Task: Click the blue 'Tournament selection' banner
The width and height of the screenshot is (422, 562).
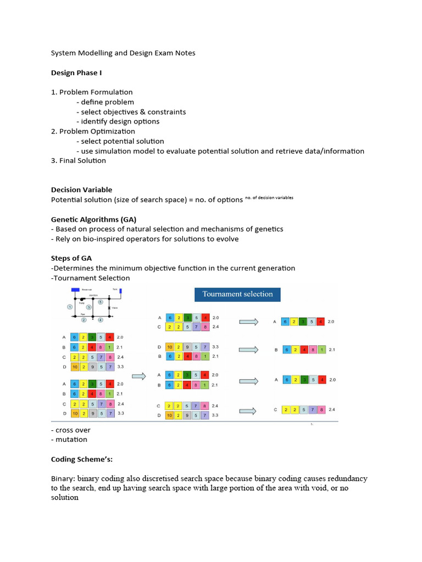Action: point(237,294)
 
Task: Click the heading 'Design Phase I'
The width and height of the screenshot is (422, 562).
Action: point(76,72)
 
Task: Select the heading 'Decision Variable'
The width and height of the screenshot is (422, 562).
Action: point(81,190)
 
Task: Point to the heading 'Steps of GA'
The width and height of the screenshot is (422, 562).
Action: point(71,258)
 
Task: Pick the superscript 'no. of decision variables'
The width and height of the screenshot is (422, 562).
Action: point(269,198)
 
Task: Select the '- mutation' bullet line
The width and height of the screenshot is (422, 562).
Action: point(69,439)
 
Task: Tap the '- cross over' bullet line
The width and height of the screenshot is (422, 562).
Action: point(71,430)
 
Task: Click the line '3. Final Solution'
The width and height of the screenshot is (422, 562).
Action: point(79,161)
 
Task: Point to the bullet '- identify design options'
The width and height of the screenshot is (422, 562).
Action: point(118,121)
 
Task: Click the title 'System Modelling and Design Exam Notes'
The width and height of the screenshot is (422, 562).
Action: point(123,53)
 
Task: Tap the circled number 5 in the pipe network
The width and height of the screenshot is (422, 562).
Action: point(101,301)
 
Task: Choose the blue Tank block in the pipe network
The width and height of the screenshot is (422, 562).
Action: point(120,291)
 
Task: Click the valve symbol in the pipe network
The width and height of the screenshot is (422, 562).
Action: point(109,308)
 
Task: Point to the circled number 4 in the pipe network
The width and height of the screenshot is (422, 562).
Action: point(101,319)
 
